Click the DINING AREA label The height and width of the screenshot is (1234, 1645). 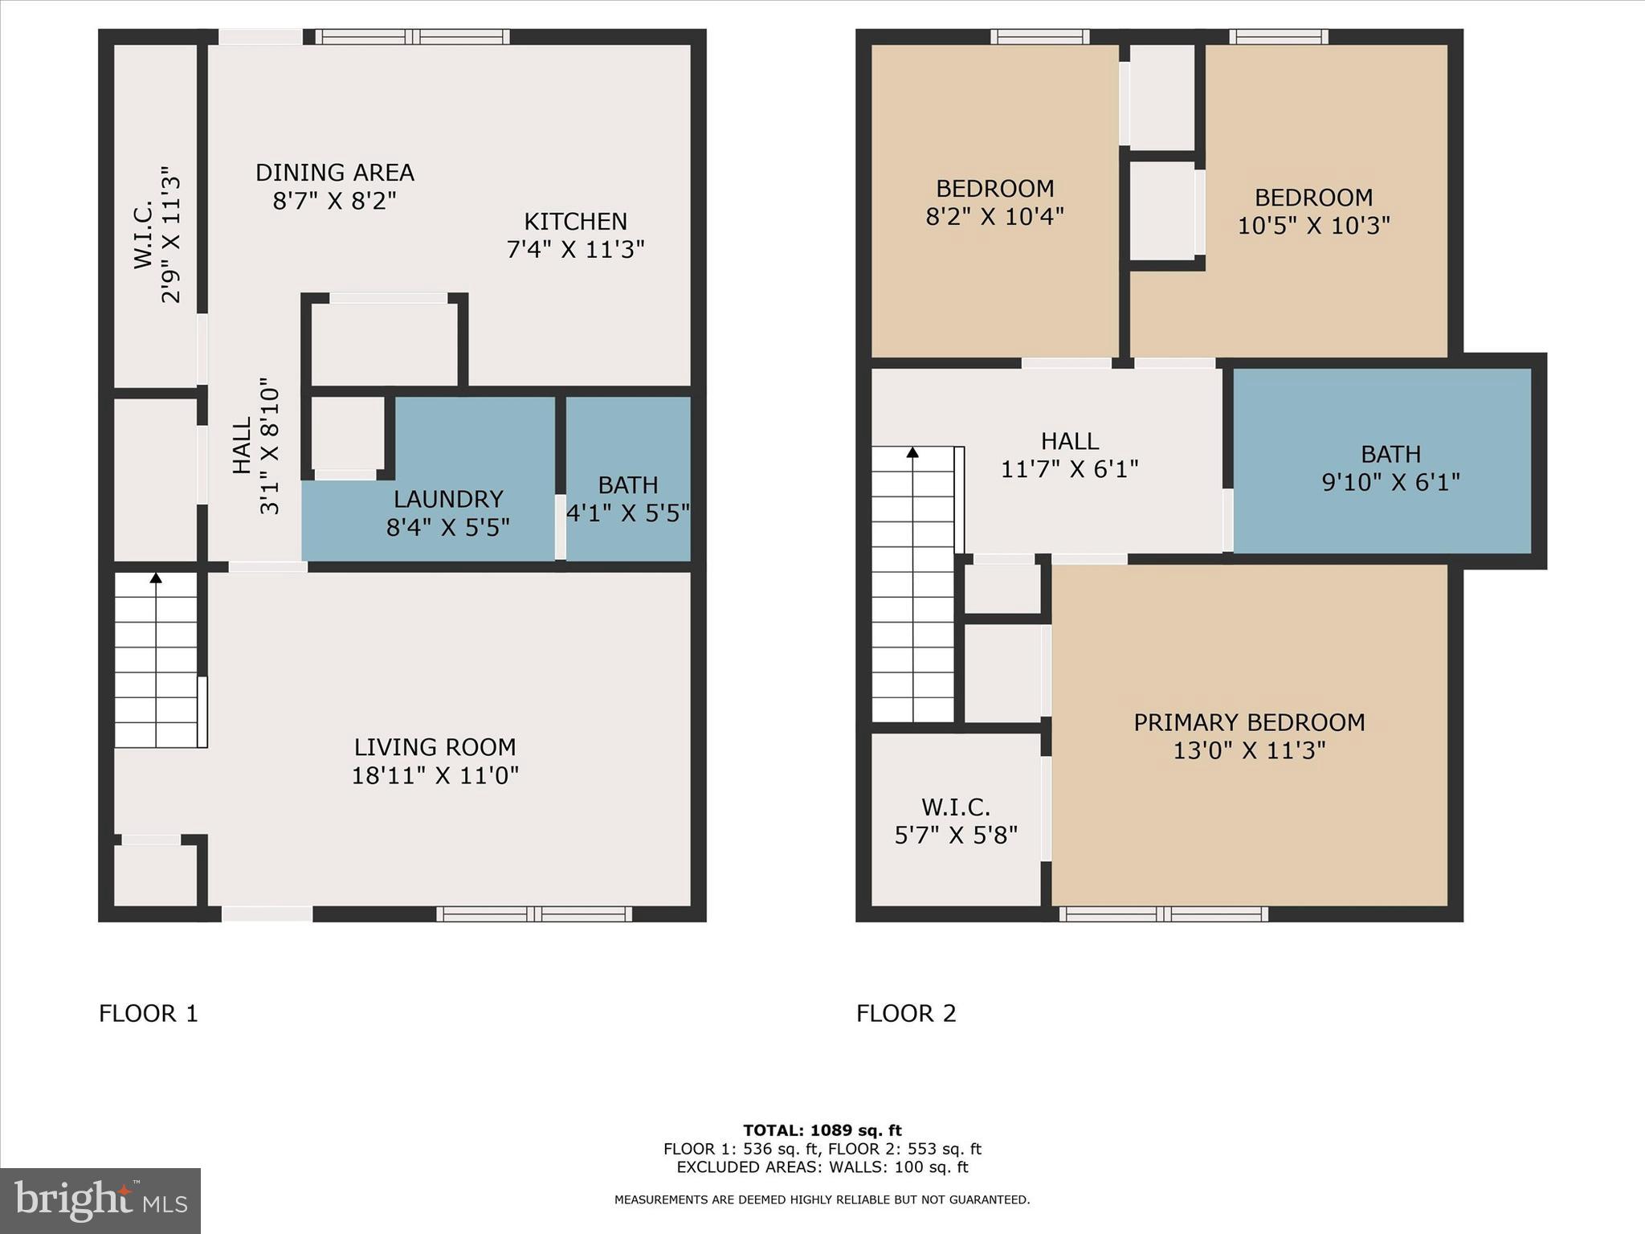click(x=334, y=174)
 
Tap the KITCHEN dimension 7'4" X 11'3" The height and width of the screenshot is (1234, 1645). click(x=575, y=250)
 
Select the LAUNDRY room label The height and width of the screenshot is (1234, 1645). click(x=448, y=500)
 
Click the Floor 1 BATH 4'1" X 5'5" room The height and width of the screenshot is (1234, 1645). click(x=628, y=498)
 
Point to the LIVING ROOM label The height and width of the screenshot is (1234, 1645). click(x=435, y=748)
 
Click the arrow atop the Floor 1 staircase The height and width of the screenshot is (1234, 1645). click(x=156, y=578)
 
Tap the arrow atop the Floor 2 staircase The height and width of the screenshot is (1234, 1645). click(x=912, y=453)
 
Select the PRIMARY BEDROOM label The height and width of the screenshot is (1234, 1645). click(x=1248, y=723)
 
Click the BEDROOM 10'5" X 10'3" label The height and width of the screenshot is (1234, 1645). click(x=1313, y=198)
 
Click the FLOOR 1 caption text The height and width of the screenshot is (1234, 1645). click(x=149, y=1014)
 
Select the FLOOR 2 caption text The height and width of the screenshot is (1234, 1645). click(x=906, y=1014)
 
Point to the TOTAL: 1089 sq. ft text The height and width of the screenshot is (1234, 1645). click(x=822, y=1130)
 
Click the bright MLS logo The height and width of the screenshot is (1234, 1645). click(x=100, y=1201)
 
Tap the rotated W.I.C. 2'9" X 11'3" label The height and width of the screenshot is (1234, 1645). click(x=157, y=235)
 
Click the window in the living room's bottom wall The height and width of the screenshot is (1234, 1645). click(x=534, y=913)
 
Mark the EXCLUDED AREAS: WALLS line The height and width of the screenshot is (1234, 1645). click(x=822, y=1167)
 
